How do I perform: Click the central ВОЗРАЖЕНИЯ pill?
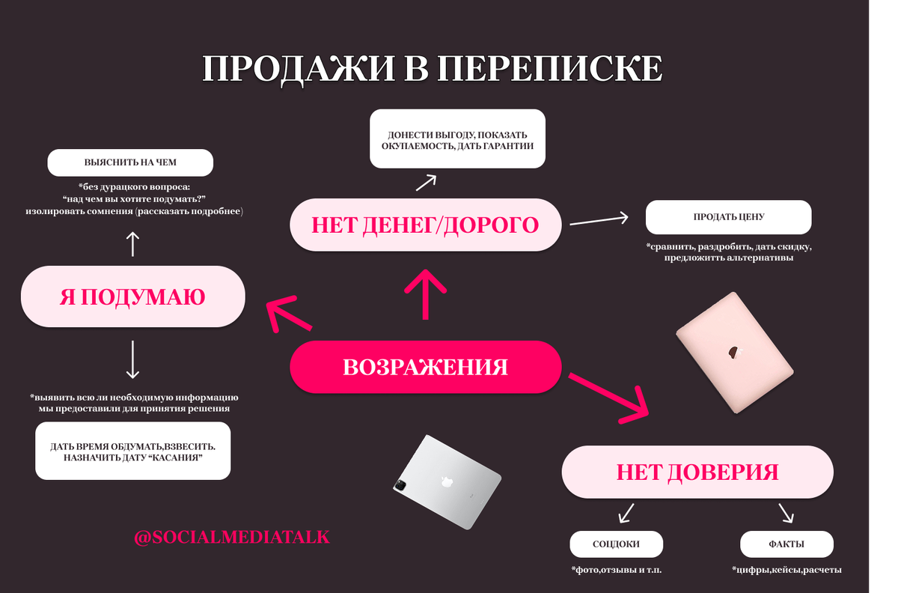point(426,367)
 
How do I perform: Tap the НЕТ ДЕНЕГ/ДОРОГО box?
point(426,225)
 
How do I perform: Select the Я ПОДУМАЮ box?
point(133,296)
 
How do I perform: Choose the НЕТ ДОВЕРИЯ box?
point(697,472)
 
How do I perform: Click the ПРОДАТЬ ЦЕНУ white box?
point(729,217)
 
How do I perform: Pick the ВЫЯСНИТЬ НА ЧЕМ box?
point(130,162)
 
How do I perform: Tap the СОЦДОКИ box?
point(616,544)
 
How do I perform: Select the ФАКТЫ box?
point(786,544)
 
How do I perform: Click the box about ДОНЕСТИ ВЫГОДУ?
point(457,139)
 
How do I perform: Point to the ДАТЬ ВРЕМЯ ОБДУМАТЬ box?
point(133,451)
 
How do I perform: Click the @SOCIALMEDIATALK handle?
point(232,538)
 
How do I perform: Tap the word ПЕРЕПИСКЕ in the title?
point(549,69)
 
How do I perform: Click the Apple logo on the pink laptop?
point(734,352)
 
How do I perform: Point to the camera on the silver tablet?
point(400,485)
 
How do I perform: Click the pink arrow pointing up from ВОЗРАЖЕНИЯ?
point(426,294)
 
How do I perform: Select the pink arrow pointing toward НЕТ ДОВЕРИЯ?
point(608,399)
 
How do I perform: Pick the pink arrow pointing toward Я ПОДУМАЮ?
point(289,314)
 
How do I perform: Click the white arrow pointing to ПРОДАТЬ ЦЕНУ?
point(599,220)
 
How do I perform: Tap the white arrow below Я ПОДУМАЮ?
point(132,360)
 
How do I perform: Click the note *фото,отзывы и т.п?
point(616,570)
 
